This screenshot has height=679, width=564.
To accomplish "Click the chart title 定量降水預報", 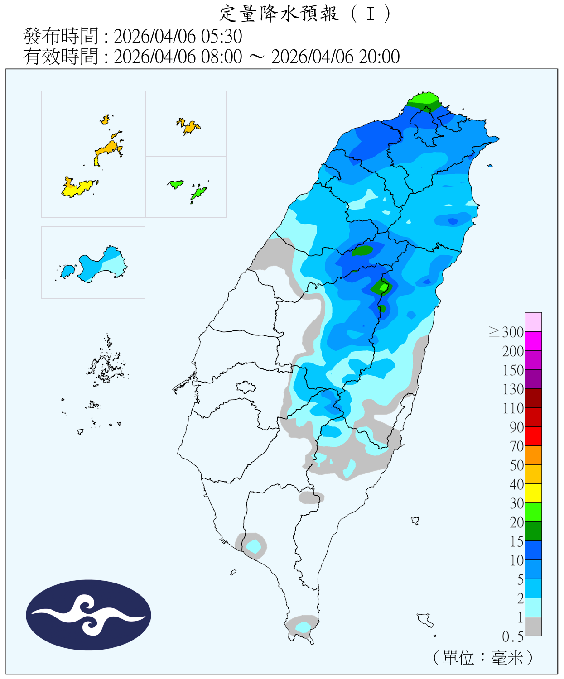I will pyautogui.click(x=279, y=14).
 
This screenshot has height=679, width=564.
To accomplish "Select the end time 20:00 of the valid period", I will pyautogui.click(x=379, y=57).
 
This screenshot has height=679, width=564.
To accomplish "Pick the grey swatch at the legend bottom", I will pyautogui.click(x=533, y=626).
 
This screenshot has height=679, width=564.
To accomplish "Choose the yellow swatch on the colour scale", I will pyautogui.click(x=533, y=493).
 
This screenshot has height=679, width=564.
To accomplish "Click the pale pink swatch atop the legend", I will pyautogui.click(x=533, y=322).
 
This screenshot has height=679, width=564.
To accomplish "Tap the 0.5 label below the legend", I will pyautogui.click(x=513, y=637).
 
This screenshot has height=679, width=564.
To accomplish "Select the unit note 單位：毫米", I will pyautogui.click(x=483, y=658).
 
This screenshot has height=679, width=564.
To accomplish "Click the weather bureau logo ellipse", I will pyautogui.click(x=88, y=615).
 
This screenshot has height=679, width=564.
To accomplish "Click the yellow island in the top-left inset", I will pyautogui.click(x=77, y=187).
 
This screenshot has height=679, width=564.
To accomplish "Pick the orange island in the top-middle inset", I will pyautogui.click(x=189, y=126).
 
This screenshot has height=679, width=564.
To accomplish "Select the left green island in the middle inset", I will pyautogui.click(x=176, y=184).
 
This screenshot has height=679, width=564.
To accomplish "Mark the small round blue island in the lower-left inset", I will pyautogui.click(x=67, y=271).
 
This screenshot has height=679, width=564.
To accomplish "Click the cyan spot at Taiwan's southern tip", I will pyautogui.click(x=303, y=627).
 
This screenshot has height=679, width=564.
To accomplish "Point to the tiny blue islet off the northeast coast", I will pyautogui.click(x=490, y=166).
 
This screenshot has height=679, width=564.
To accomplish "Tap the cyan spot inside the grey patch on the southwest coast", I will pyautogui.click(x=254, y=546).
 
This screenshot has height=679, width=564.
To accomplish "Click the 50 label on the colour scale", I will pyautogui.click(x=516, y=465).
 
